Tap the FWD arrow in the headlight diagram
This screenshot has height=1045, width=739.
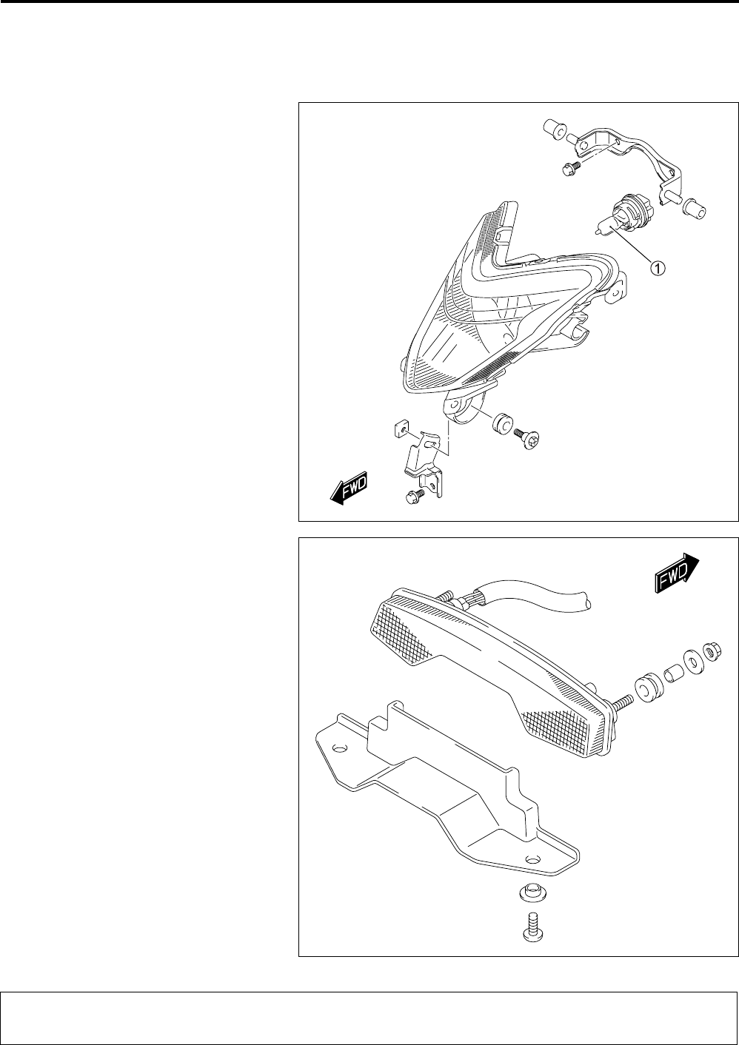point(348,488)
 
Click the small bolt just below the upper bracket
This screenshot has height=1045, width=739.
point(570,169)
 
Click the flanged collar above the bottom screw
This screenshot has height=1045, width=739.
point(531,893)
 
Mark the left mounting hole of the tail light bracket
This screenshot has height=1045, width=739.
point(340,749)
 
